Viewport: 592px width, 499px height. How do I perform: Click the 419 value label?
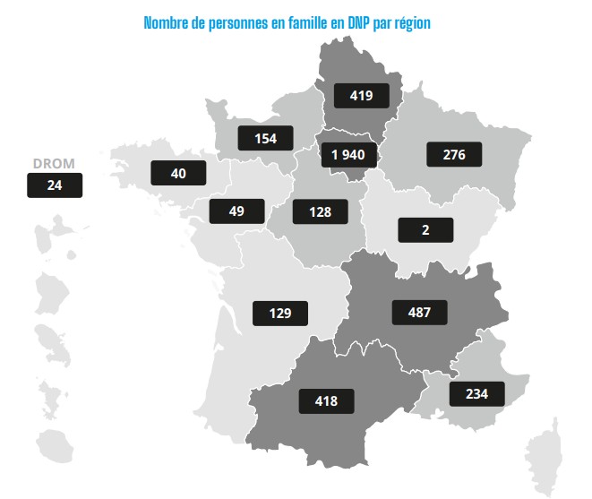pyautogui.click(x=361, y=96)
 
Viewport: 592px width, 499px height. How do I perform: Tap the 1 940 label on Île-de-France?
pyautogui.click(x=349, y=155)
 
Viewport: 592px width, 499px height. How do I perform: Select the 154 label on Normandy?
pyautogui.click(x=265, y=138)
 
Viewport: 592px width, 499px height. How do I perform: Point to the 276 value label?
pyautogui.click(x=454, y=154)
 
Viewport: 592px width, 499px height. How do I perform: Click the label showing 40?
pyautogui.click(x=178, y=173)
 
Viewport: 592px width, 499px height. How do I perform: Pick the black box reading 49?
pyautogui.click(x=236, y=211)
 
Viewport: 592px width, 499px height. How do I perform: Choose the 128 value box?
pyautogui.click(x=320, y=211)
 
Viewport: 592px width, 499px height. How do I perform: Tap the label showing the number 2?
pyautogui.click(x=425, y=230)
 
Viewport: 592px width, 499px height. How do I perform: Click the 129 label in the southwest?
pyautogui.click(x=280, y=314)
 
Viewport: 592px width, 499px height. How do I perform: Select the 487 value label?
pyautogui.click(x=419, y=313)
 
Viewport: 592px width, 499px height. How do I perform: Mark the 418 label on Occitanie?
pyautogui.click(x=326, y=401)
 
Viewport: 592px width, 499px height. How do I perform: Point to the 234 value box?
pyautogui.click(x=476, y=394)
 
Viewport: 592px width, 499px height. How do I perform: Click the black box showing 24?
pyautogui.click(x=55, y=185)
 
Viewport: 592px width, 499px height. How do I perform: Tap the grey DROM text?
pyautogui.click(x=54, y=164)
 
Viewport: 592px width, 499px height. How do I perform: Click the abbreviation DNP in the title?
pyautogui.click(x=358, y=23)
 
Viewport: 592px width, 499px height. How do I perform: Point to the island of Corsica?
pyautogui.click(x=545, y=458)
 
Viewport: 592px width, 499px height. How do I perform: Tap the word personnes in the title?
pyautogui.click(x=238, y=24)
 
